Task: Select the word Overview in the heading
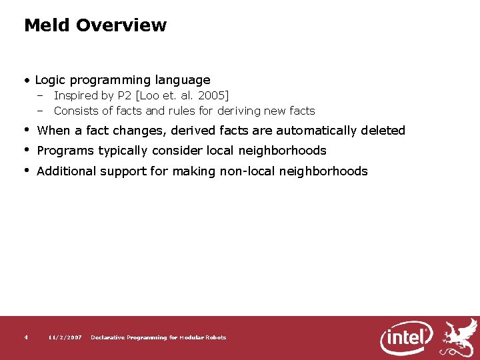[x=121, y=25]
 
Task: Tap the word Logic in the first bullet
[x=51, y=80]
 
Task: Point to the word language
[x=183, y=80]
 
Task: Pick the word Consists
[x=75, y=111]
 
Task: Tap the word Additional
[x=66, y=171]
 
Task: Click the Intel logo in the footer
[x=407, y=337]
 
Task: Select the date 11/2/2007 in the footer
[x=65, y=338]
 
